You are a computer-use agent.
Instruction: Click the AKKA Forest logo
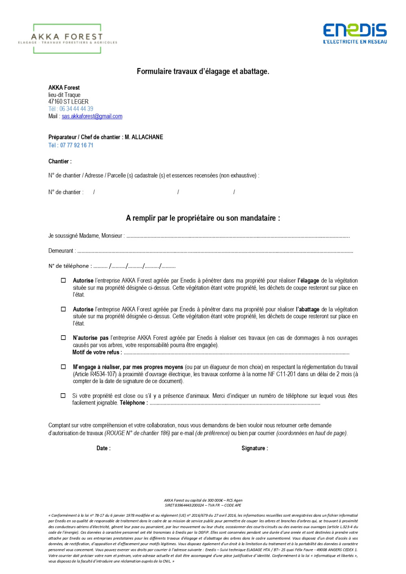67,39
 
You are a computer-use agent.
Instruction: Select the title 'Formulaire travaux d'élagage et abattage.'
203,71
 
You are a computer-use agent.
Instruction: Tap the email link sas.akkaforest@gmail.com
92,116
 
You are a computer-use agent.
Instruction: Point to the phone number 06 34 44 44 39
76,109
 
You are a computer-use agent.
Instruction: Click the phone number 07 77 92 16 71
77,145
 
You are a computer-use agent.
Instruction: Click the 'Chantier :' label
60,161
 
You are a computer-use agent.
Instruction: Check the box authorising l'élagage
63,280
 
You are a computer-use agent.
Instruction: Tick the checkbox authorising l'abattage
63,309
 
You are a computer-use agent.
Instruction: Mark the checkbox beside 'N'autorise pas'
63,338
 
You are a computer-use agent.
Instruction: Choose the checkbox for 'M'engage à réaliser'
63,367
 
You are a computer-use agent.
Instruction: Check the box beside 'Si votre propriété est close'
63,395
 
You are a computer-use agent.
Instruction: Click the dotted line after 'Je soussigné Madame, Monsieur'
238,236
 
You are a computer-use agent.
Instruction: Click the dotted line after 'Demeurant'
215,251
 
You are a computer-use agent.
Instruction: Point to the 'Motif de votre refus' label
97,353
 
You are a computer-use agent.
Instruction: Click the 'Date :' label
103,448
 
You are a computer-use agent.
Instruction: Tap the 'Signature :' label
255,448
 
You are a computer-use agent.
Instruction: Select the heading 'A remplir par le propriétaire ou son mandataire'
203,218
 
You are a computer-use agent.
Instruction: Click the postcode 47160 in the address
55,102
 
